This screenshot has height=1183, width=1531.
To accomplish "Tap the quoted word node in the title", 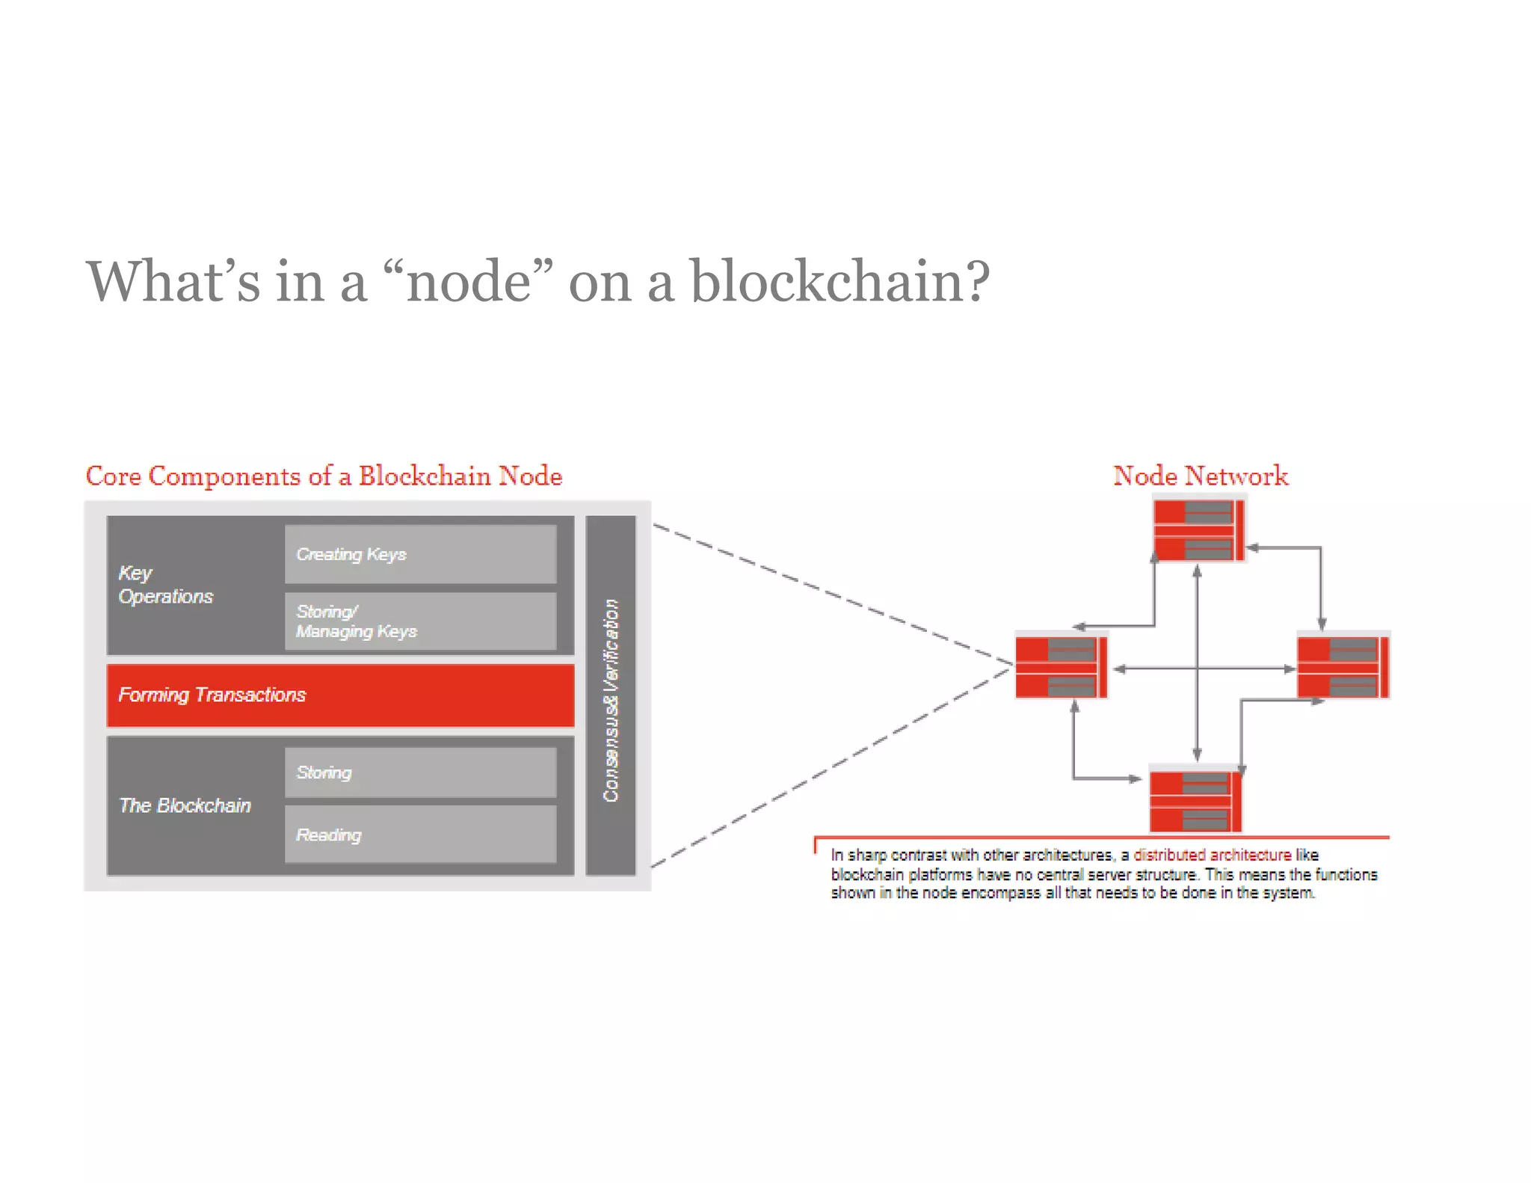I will (469, 282).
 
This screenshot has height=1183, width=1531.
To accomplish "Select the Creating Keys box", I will (420, 554).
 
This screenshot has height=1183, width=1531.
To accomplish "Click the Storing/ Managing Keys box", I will (420, 621).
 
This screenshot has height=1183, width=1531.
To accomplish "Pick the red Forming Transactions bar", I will (340, 695).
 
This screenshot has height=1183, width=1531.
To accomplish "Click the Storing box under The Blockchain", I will (420, 772).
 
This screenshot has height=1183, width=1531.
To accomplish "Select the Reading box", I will (420, 835).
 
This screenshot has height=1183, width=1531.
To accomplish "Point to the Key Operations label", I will (166, 585).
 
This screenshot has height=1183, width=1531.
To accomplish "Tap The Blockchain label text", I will (185, 805).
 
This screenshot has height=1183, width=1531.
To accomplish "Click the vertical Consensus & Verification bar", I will (611, 695).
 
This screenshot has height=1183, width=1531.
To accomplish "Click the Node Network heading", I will (1201, 476).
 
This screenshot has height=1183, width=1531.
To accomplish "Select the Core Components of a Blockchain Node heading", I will (324, 476).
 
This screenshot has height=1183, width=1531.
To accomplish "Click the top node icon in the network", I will (1198, 531).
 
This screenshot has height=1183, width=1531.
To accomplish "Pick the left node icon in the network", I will (1060, 667).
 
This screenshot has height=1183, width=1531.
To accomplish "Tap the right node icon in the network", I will (1343, 667).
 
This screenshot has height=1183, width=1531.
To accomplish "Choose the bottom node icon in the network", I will (1195, 802).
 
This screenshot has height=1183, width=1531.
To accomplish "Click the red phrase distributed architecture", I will (1212, 855).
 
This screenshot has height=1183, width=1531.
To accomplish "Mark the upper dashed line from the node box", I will (830, 594).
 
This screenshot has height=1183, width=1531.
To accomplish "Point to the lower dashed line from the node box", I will (830, 767).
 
